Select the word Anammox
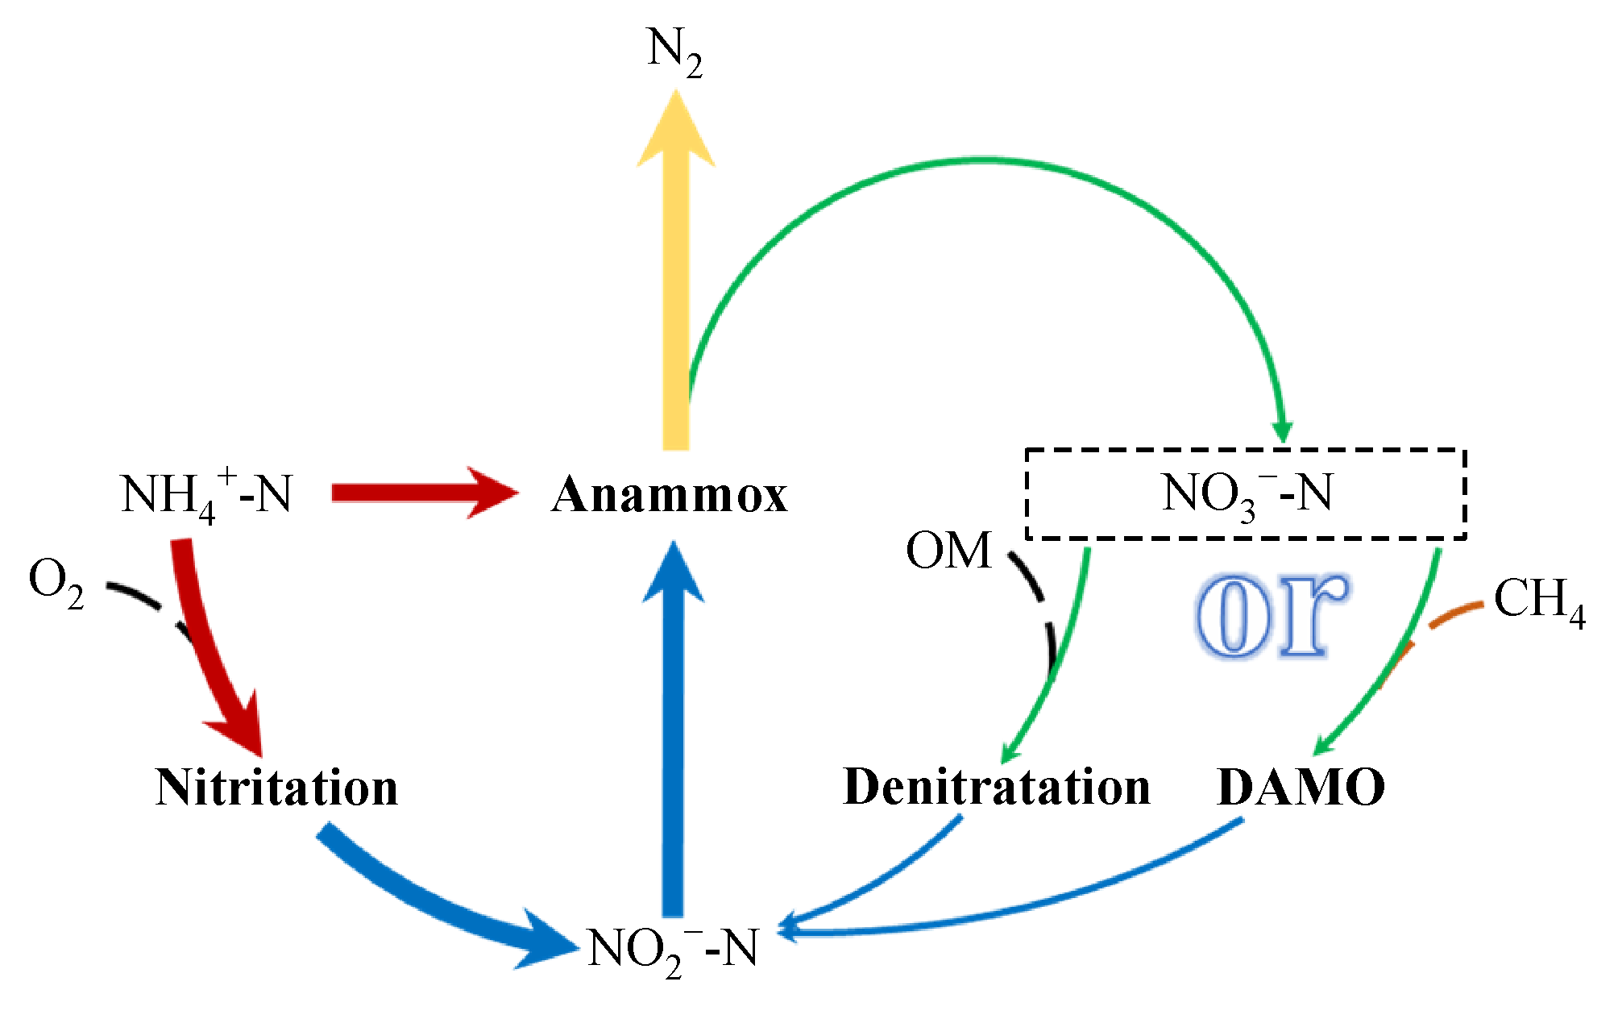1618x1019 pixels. (669, 494)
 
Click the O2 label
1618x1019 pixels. (56, 582)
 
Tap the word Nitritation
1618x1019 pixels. (276, 787)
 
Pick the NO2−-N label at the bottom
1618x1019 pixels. (674, 950)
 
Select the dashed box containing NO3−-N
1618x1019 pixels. (1245, 493)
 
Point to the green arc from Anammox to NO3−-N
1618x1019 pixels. (983, 161)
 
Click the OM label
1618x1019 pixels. (948, 551)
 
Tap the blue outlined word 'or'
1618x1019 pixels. (1272, 616)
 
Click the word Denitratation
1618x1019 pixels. (996, 787)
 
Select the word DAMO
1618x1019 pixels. (1301, 788)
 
